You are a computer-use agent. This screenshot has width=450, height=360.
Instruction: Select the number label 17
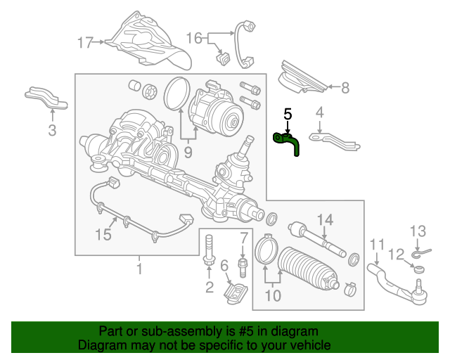(86, 44)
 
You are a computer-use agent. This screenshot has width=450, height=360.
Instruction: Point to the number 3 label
(51, 129)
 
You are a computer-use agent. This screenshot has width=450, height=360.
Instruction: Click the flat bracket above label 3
(47, 98)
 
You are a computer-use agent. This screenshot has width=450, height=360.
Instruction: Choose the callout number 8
(345, 88)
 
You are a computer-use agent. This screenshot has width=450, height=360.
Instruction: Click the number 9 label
(188, 151)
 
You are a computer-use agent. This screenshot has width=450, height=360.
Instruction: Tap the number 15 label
(103, 235)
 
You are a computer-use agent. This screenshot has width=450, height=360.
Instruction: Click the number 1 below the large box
(139, 268)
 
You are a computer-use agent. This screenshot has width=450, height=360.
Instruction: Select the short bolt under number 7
(243, 266)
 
